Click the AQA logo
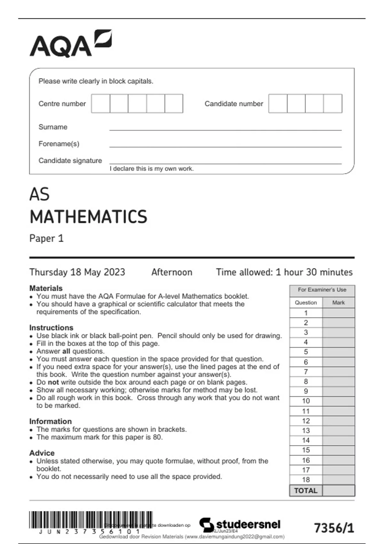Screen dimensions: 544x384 click(x=71, y=44)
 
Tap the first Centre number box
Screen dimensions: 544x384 click(x=100, y=103)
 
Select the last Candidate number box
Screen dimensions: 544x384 click(x=333, y=103)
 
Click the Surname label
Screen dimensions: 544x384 click(x=53, y=127)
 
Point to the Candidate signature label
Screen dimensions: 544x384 click(x=70, y=161)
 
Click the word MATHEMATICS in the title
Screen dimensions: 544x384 click(x=88, y=217)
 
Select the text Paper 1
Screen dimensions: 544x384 click(x=46, y=238)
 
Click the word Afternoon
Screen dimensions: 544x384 click(x=172, y=272)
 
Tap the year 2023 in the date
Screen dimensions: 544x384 click(x=114, y=272)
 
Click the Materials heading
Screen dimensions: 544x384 click(x=46, y=288)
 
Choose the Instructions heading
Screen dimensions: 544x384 click(x=51, y=328)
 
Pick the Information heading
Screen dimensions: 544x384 click(x=50, y=421)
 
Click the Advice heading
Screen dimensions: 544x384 click(x=42, y=453)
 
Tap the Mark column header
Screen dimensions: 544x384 click(x=338, y=303)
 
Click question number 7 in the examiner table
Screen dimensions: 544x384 click(x=306, y=372)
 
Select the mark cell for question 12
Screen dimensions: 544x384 click(x=338, y=421)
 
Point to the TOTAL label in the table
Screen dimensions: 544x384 click(x=306, y=491)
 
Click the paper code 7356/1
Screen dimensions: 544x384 click(x=334, y=528)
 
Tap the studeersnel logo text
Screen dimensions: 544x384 click(x=248, y=524)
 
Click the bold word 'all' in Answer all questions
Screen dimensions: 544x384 click(x=66, y=351)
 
